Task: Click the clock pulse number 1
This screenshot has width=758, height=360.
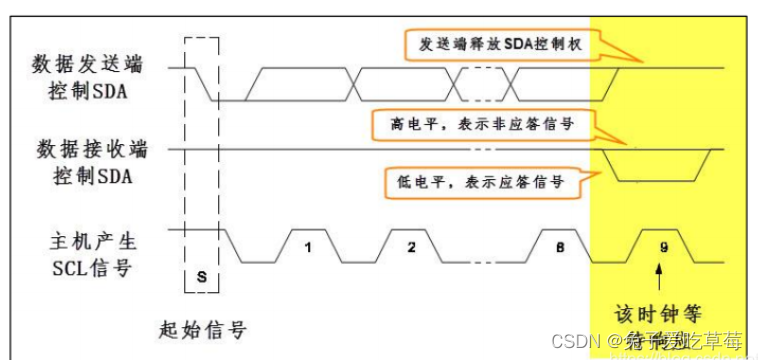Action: point(309,245)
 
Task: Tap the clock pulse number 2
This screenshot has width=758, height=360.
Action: point(411,245)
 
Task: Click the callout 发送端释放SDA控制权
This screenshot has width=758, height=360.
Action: point(497,44)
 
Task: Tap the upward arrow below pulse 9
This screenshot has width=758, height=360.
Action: point(659,271)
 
